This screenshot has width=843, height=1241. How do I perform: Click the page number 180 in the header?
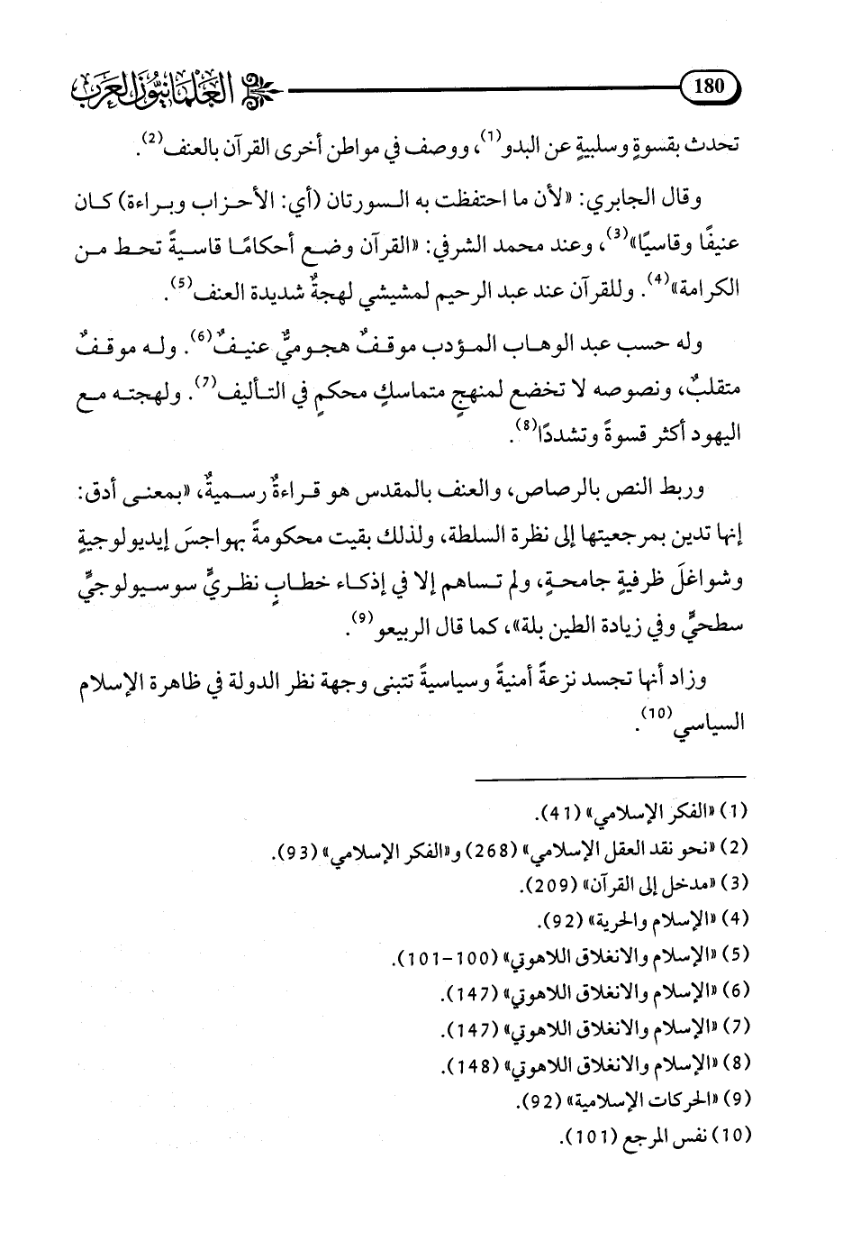[x=710, y=87]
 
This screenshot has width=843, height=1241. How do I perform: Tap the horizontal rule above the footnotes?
[x=610, y=776]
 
